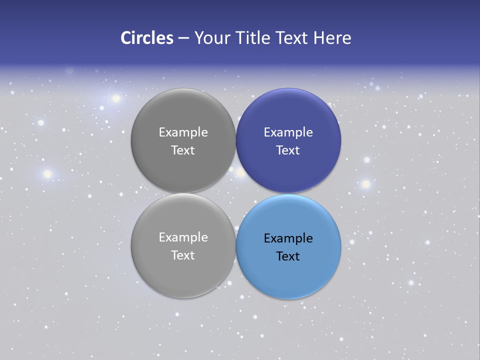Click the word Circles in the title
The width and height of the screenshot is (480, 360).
[x=147, y=38]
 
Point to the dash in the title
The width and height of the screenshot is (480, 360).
[x=183, y=38]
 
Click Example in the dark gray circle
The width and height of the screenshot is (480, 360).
[x=183, y=132]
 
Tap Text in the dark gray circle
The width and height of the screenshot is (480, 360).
[x=183, y=150]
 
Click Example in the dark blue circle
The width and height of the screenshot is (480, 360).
[x=288, y=132]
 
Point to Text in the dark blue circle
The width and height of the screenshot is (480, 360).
[x=288, y=150]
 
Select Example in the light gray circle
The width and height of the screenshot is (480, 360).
[x=183, y=237]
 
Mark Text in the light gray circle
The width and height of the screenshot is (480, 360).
[x=183, y=255]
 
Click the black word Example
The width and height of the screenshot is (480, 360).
[x=288, y=238]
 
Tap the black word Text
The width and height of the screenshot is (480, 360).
[x=288, y=256]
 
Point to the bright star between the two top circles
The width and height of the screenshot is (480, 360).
[x=241, y=172]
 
